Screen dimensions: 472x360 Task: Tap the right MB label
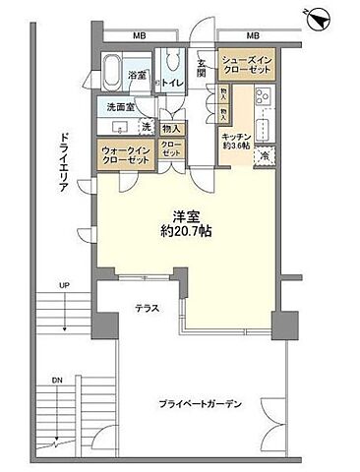coord(253,36)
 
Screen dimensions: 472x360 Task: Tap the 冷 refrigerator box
coord(265,155)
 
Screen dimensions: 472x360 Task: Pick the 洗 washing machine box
coord(146,126)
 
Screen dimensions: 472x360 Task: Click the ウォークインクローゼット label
coord(120,154)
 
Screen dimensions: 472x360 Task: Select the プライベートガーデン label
coord(202,404)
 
